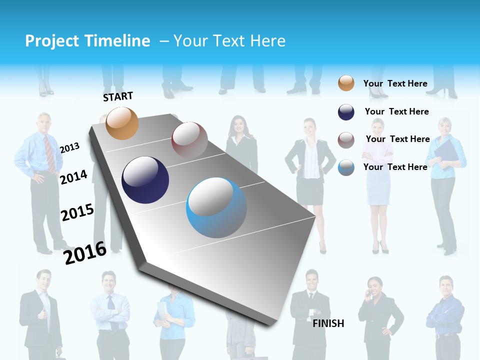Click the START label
click(x=118, y=96)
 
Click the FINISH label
click(x=328, y=323)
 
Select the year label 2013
click(x=69, y=147)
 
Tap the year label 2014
click(x=73, y=177)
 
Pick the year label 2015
click(x=77, y=212)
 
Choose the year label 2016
click(x=85, y=252)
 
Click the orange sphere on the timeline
click(x=122, y=123)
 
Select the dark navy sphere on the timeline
click(x=145, y=180)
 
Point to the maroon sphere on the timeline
click(x=189, y=140)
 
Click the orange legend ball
click(x=346, y=83)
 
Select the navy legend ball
click(x=346, y=112)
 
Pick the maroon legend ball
click(x=346, y=140)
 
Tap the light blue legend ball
click(x=346, y=167)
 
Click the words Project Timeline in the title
click(x=87, y=41)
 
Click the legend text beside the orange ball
click(x=395, y=83)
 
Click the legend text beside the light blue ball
click(x=395, y=167)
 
